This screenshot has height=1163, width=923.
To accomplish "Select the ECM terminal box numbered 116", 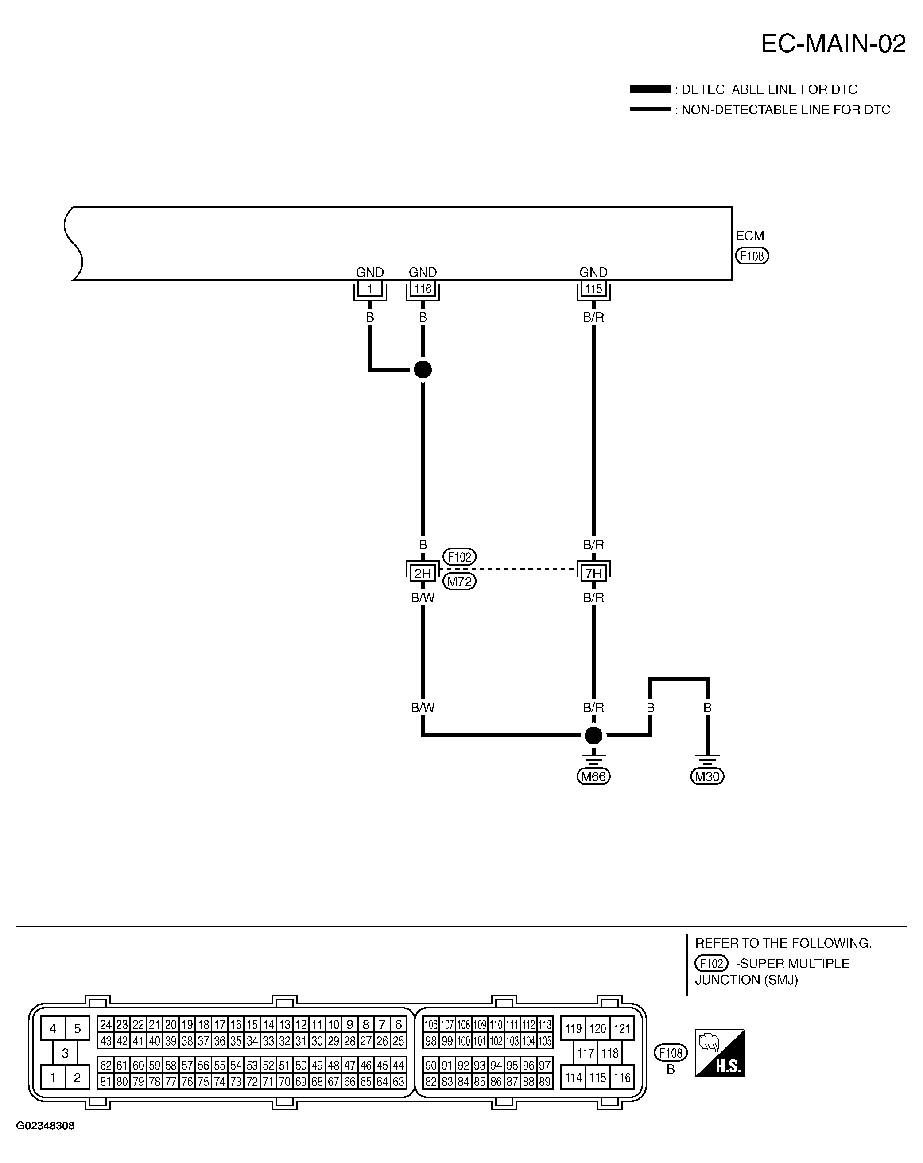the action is pos(423,289).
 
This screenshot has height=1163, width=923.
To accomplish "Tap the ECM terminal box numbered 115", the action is pos(593,289).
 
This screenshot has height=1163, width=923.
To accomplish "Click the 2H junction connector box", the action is pos(423,573).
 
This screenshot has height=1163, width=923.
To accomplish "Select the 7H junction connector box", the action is pos(593,573).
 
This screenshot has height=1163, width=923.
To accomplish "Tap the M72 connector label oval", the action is pos(459,581).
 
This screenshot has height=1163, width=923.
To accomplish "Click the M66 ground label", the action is pos(593,776).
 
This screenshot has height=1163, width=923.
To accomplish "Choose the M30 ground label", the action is pos(707,776).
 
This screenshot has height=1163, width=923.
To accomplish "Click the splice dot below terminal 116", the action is pos(423,369).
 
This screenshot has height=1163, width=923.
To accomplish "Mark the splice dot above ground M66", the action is pos(593,735).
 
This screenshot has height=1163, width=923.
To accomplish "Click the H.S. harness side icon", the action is pos(719,1054).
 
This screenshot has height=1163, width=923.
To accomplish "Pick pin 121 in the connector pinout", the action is pos(621,1029).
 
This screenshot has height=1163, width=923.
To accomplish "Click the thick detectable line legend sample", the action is pos(650,89).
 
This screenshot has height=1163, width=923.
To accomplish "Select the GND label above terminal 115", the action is pos(593,272).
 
